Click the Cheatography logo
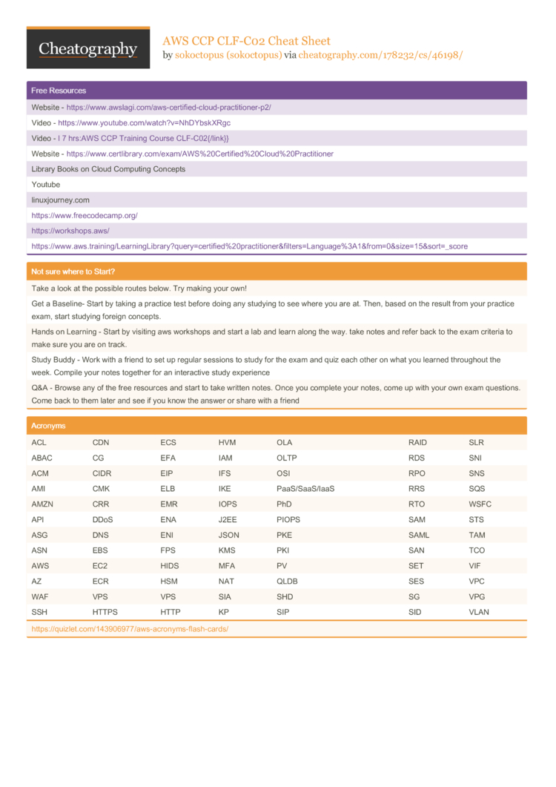(x=88, y=48)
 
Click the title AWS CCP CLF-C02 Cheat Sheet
(x=246, y=41)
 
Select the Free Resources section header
(x=59, y=90)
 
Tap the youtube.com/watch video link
(x=145, y=122)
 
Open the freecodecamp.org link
(x=85, y=215)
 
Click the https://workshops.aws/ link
(x=70, y=231)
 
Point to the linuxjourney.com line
(x=60, y=200)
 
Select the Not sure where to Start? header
(x=73, y=271)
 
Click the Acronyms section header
(x=48, y=426)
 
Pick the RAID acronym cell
(x=417, y=443)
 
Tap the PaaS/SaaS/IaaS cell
(x=305, y=489)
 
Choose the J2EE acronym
(x=228, y=519)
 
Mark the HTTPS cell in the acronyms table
(x=105, y=612)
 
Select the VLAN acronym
(x=479, y=612)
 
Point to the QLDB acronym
(x=286, y=581)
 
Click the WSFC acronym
(x=479, y=504)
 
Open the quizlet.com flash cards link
(x=130, y=628)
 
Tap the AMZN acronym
(x=42, y=504)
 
